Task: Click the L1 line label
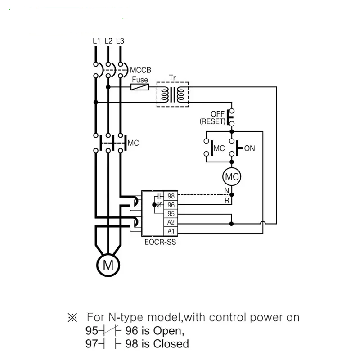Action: click(x=95, y=41)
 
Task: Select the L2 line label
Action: click(x=108, y=41)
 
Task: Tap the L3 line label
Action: click(x=120, y=41)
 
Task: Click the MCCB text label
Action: click(x=140, y=71)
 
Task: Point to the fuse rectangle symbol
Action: click(x=139, y=87)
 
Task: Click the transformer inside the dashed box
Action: click(x=172, y=94)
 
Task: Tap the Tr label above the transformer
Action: click(x=172, y=77)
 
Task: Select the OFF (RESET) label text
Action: click(x=212, y=118)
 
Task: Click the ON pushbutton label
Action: click(x=249, y=148)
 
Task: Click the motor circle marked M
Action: click(x=108, y=265)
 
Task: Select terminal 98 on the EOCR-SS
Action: click(x=171, y=196)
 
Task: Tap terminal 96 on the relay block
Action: click(x=171, y=205)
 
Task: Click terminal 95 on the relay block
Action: click(x=171, y=214)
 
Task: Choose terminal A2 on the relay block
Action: click(x=171, y=222)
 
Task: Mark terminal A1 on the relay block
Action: click(x=171, y=231)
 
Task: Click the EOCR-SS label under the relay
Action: click(x=160, y=242)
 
